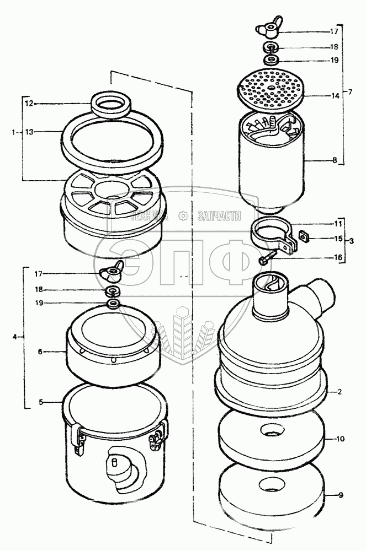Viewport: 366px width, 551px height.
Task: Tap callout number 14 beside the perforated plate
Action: (x=335, y=95)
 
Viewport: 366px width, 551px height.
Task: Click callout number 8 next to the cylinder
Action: (x=335, y=160)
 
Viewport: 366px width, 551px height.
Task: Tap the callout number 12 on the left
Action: (x=29, y=104)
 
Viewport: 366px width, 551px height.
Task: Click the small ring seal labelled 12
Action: (x=111, y=104)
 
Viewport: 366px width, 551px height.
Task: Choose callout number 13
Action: (x=30, y=132)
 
